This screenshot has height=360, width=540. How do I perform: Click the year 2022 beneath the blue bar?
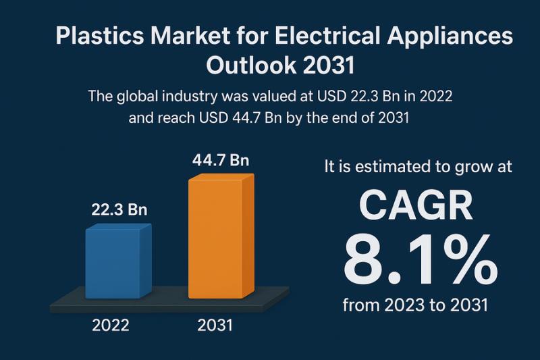(x=111, y=325)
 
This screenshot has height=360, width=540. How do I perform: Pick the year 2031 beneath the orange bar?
(x=215, y=325)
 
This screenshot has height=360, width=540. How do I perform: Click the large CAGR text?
(x=416, y=206)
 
